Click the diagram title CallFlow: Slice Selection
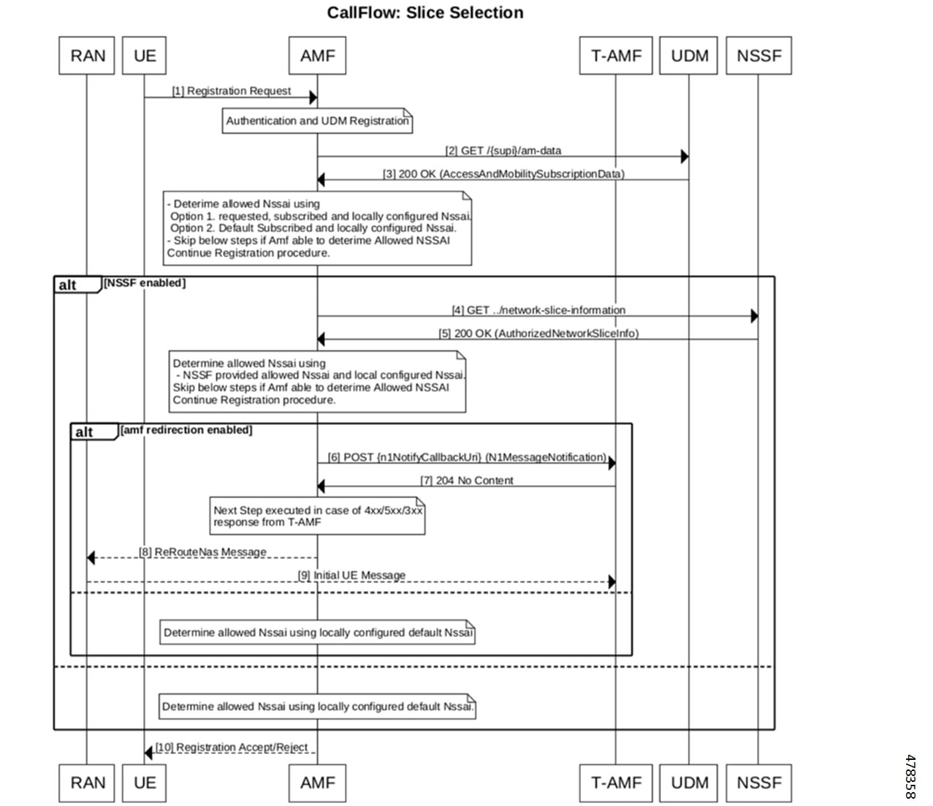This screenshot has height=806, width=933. (424, 12)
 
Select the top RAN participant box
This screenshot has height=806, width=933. (87, 56)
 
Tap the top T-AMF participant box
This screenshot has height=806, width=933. (616, 56)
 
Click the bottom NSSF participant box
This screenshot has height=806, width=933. (759, 783)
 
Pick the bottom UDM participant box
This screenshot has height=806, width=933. (688, 783)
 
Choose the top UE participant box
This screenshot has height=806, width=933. (144, 56)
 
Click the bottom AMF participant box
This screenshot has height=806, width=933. (317, 783)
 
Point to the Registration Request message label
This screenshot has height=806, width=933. (231, 91)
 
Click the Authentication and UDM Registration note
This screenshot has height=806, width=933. (317, 121)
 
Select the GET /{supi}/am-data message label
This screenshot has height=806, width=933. (503, 151)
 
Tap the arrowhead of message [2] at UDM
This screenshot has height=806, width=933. (685, 157)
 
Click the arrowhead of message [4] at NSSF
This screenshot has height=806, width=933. (754, 316)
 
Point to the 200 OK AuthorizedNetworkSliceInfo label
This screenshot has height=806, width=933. (538, 334)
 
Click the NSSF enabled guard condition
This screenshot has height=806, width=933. (145, 283)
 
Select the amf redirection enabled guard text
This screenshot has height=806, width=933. (186, 429)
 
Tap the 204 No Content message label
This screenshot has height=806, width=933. (467, 481)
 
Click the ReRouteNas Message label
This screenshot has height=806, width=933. (202, 551)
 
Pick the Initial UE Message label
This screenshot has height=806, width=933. (351, 575)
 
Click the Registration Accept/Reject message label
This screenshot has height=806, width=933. (232, 747)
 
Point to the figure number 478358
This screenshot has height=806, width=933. (910, 777)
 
